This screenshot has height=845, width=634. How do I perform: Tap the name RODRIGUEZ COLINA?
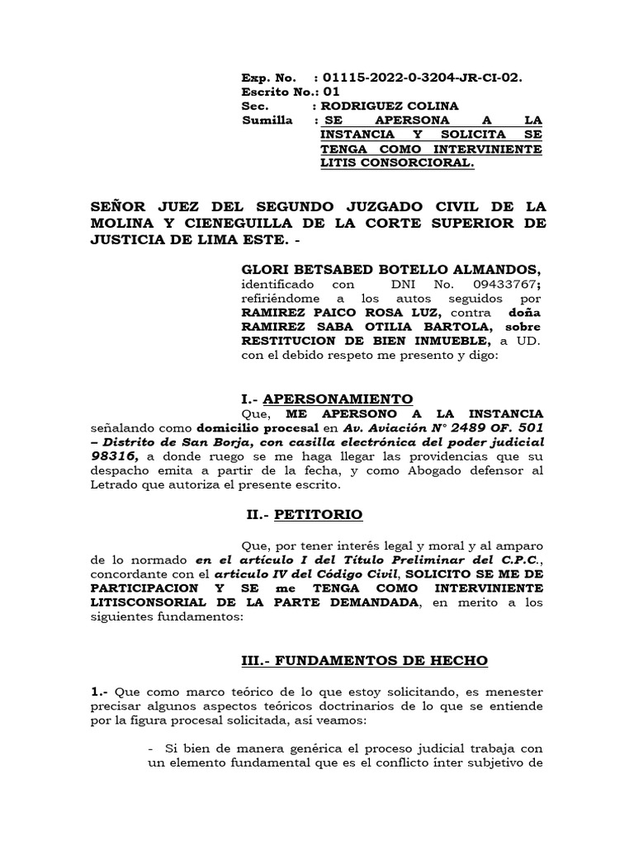click(390, 106)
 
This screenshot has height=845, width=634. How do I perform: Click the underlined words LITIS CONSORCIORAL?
click(397, 163)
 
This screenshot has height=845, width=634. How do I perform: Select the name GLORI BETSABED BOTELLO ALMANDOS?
click(390, 269)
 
